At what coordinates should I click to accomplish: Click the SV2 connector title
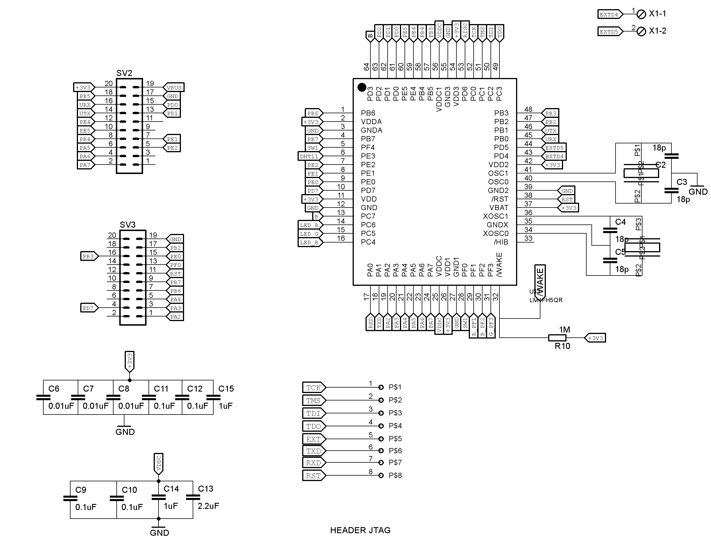pyautogui.click(x=124, y=73)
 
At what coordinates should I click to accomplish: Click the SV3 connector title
pyautogui.click(x=127, y=225)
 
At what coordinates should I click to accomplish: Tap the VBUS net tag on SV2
pyautogui.click(x=174, y=87)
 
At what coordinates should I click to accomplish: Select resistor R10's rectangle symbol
pyautogui.click(x=557, y=337)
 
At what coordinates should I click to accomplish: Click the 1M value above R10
pyautogui.click(x=564, y=330)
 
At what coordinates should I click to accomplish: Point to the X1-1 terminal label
pyautogui.click(x=657, y=14)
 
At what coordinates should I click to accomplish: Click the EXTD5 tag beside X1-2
pyautogui.click(x=609, y=32)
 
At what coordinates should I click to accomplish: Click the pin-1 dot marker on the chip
pyautogui.click(x=362, y=87)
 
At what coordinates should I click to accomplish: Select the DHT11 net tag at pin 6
pyautogui.click(x=309, y=157)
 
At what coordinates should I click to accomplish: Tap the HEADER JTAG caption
pyautogui.click(x=360, y=530)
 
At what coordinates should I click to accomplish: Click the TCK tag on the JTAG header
pyautogui.click(x=313, y=388)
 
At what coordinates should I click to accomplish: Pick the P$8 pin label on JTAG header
pyautogui.click(x=395, y=475)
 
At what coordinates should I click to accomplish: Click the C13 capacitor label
pyautogui.click(x=206, y=489)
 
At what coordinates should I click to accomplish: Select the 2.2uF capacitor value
pyautogui.click(x=208, y=506)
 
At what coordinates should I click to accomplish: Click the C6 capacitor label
pyautogui.click(x=54, y=388)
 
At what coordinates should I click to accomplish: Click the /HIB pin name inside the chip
pyautogui.click(x=501, y=242)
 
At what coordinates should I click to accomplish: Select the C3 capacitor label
pyautogui.click(x=681, y=182)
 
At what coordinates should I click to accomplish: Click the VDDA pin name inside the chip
pyautogui.click(x=371, y=122)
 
